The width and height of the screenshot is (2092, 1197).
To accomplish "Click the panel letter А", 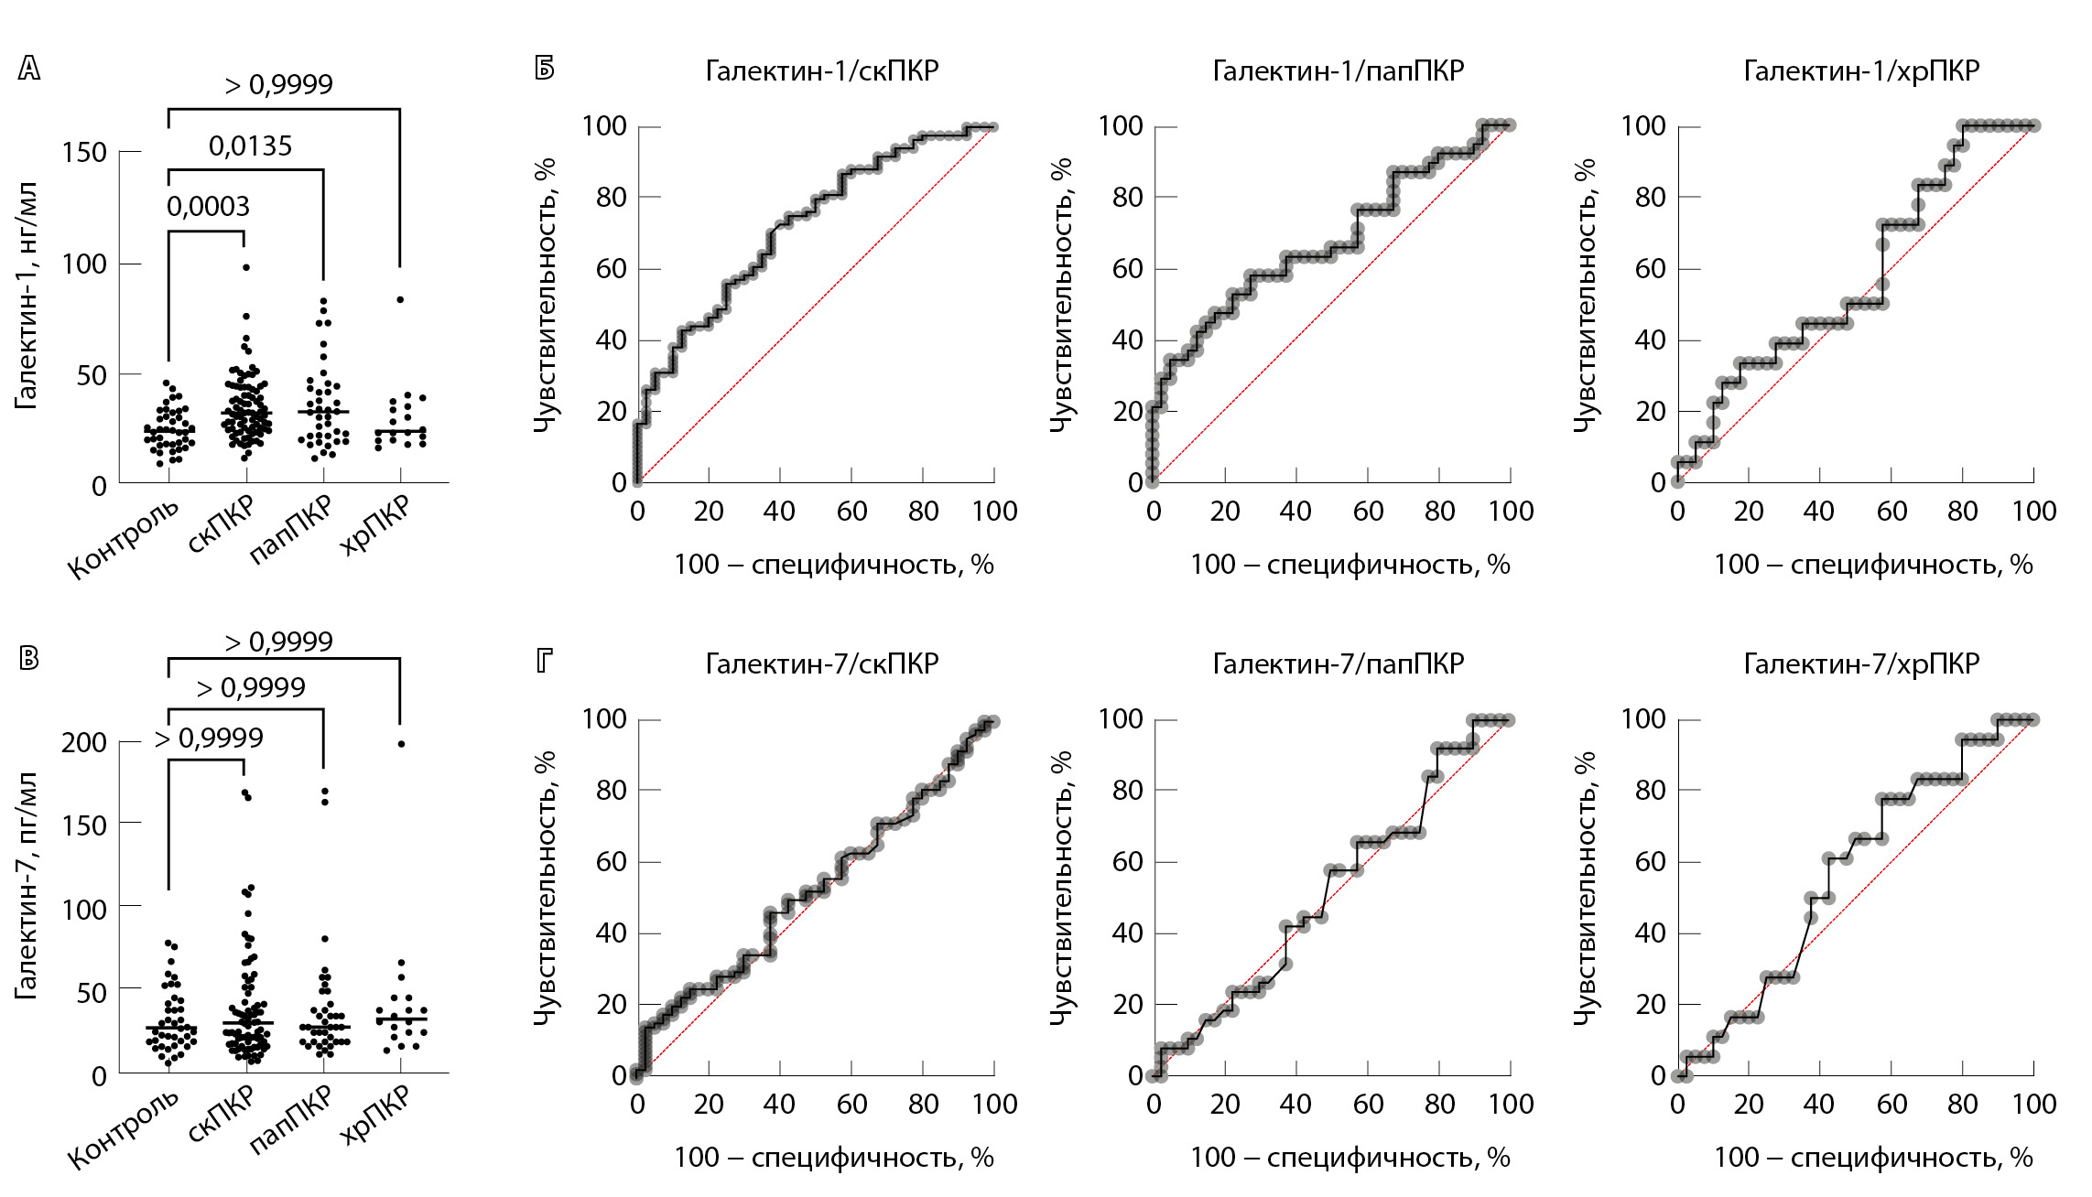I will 29,69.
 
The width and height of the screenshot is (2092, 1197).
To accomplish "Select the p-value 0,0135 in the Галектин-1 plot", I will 250,146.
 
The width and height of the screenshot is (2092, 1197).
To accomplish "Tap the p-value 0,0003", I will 208,207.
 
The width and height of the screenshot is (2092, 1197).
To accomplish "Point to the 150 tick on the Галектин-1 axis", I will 85,152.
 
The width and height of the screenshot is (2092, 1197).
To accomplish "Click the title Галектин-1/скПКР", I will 821,71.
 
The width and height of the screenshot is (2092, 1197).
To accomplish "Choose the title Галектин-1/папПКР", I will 1338,71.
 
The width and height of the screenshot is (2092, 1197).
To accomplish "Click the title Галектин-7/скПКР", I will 821,663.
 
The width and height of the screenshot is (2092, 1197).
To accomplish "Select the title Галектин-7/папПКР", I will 1338,663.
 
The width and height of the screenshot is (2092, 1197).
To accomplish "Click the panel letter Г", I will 545,660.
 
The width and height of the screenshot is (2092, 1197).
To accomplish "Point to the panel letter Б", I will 545,69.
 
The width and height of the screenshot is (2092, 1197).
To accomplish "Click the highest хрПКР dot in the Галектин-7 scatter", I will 400,744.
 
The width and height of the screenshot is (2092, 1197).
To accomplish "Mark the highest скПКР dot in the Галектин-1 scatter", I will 245,267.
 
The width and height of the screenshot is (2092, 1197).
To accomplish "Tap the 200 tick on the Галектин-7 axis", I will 85,742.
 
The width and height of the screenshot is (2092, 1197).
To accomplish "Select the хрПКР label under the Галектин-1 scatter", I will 375,526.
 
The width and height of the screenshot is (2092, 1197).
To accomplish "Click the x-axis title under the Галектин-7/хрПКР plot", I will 1872,1158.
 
